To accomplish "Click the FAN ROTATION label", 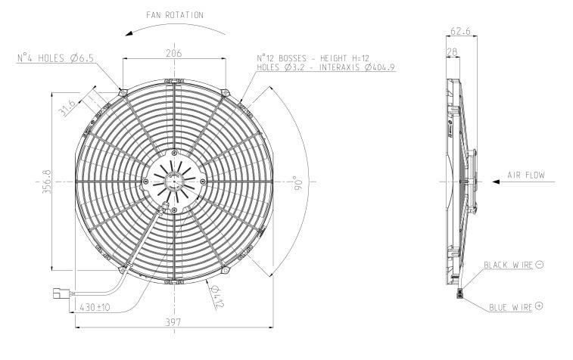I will coord(174,14).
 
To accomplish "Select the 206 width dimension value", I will coord(174,52).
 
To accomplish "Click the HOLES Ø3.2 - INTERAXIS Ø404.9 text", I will coord(326,67).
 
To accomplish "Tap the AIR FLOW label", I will coord(525,175).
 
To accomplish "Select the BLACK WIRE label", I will coord(508,265).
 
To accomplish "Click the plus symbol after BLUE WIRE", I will coord(539,306).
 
